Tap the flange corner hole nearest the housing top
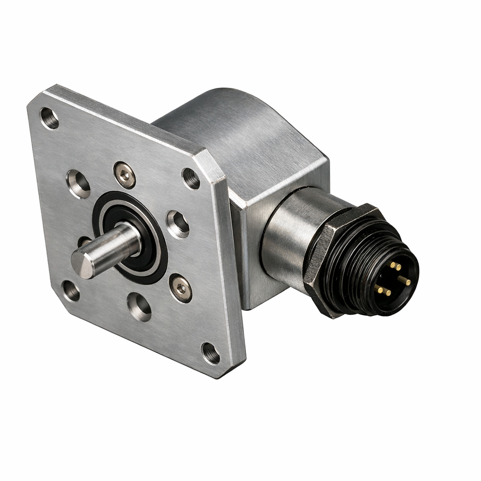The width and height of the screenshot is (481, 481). click(191, 178)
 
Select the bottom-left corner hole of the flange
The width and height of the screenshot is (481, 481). click(71, 291)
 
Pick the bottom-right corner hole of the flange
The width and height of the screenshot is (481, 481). click(210, 353)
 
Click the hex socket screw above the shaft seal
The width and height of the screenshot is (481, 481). click(124, 175)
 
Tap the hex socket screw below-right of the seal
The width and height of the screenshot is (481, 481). click(181, 288)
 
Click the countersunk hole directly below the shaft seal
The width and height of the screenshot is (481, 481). click(139, 307)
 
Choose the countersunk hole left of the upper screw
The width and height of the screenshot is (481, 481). click(78, 184)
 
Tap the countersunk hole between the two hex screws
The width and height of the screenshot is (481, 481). click(178, 224)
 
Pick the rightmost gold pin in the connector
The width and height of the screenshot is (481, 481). click(404, 281)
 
